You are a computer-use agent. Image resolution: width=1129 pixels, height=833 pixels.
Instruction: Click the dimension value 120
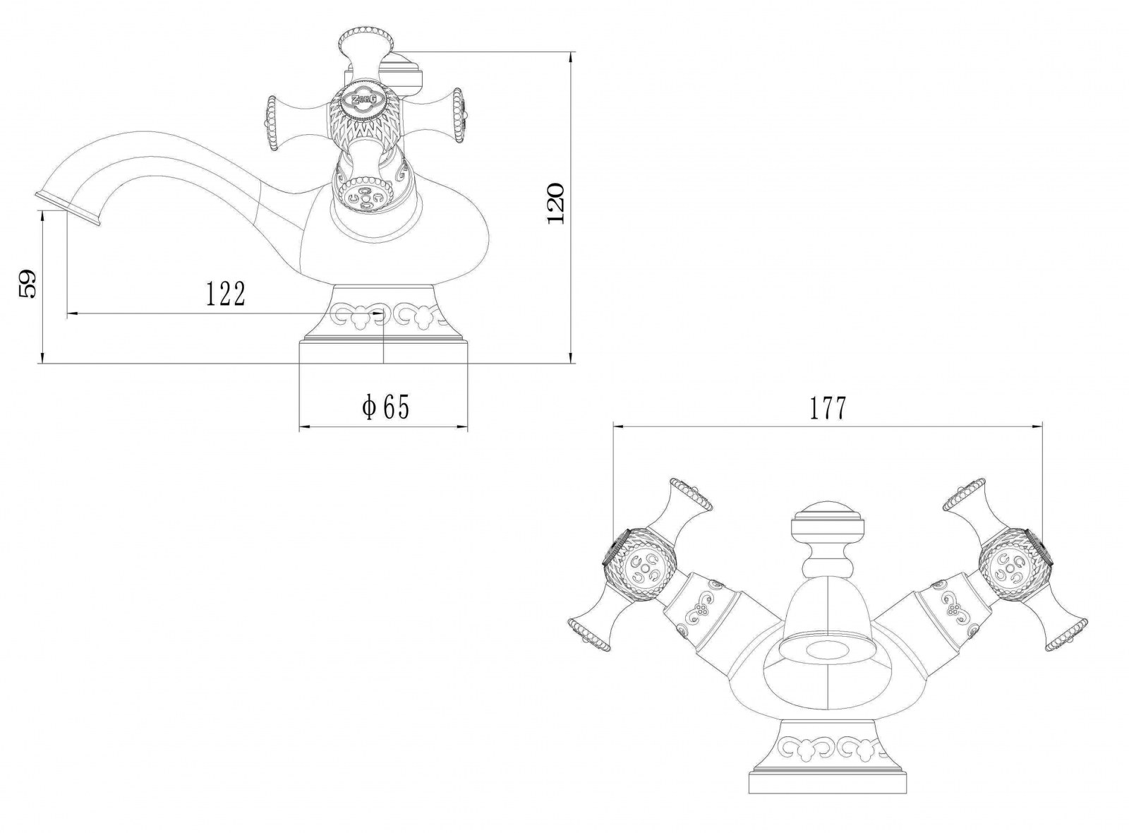pos(556,204)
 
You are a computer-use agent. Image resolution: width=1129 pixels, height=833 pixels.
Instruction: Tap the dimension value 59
pos(27,285)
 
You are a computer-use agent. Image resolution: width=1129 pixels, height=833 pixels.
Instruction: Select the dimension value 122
pos(226,294)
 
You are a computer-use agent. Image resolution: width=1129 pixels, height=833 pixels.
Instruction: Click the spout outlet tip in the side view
pos(68,208)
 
